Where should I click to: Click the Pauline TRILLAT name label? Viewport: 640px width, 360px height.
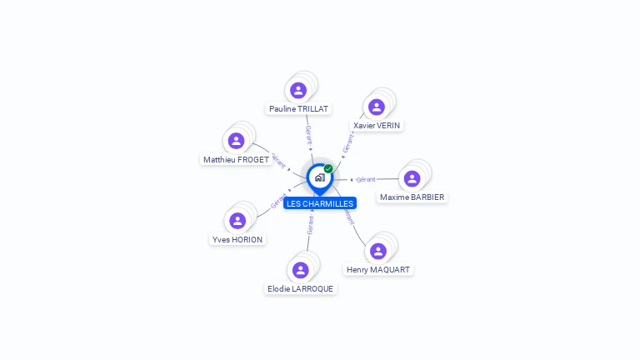coord(298,109)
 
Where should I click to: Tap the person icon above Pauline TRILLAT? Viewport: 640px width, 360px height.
coord(298,90)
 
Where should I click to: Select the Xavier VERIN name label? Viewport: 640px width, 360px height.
coord(377,126)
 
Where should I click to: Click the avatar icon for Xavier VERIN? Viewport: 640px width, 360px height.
coord(377,107)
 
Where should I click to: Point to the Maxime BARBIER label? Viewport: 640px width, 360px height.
coord(412,197)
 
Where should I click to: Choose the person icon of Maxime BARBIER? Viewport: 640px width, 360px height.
coord(412,178)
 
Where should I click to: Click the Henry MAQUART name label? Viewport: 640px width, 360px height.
coord(378,270)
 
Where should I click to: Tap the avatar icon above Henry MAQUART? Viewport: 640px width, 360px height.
coord(378,251)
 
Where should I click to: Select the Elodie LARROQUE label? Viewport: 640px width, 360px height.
coord(300,289)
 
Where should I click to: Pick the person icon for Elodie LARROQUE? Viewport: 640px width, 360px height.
coord(301,270)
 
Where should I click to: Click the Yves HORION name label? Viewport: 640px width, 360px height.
coord(237,240)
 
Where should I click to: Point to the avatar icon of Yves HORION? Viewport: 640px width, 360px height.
coord(237,221)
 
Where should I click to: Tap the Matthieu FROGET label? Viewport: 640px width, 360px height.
coord(237,160)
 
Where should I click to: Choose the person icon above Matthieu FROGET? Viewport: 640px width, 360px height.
coord(237,141)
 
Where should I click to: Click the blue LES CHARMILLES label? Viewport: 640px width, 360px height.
coord(320,203)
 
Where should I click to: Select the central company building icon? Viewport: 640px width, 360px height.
coord(319,177)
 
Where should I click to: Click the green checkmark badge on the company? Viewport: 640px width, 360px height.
coord(328,169)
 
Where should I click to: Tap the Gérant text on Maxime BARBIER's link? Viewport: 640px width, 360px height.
coord(366,179)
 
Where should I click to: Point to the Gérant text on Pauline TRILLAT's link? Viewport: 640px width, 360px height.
coord(309,133)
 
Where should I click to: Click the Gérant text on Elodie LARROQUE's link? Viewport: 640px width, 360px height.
coord(310,223)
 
